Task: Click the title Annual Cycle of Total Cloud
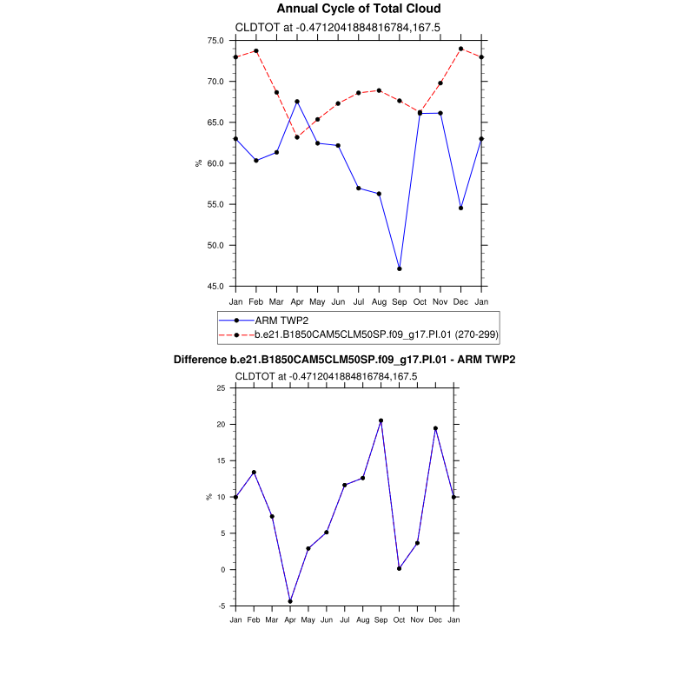click(x=347, y=9)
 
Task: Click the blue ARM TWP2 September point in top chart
click(x=400, y=268)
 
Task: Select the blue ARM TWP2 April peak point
click(x=297, y=102)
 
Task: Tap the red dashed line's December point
click(x=460, y=49)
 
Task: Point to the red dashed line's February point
click(x=256, y=50)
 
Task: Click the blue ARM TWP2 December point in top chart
click(x=460, y=208)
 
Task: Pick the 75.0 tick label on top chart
click(x=216, y=41)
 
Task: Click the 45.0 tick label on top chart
click(x=216, y=286)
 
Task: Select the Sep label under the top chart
click(x=400, y=301)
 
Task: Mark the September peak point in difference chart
click(x=381, y=420)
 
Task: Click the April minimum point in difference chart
click(x=290, y=601)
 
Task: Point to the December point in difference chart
click(x=435, y=428)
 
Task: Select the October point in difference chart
click(x=399, y=568)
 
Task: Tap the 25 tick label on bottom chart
click(x=221, y=388)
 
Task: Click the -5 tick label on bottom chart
click(x=221, y=606)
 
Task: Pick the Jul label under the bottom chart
click(x=345, y=619)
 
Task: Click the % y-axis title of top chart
click(x=199, y=163)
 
